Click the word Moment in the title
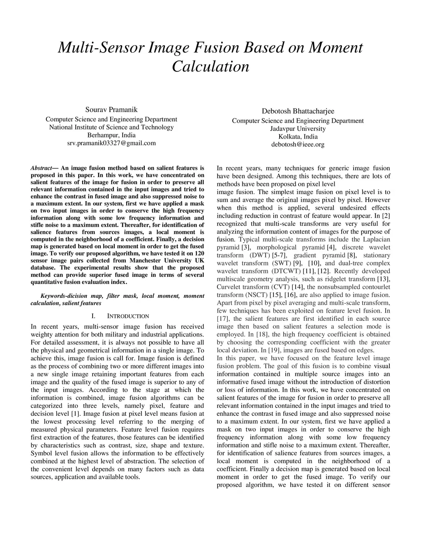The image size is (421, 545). click(335, 48)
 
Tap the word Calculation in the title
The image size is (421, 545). click(210, 66)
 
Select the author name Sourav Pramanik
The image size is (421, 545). click(111, 109)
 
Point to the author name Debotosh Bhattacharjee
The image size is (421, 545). click(298, 111)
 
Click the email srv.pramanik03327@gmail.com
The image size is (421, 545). click(111, 143)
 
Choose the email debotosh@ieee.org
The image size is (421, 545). click(298, 144)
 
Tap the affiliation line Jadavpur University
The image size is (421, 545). click(298, 129)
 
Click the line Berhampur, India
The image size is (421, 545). click(111, 135)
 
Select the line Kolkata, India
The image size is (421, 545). click(298, 137)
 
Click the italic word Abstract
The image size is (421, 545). click(42, 168)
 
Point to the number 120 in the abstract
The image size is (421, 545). click(199, 253)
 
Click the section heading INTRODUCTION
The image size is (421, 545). click(128, 316)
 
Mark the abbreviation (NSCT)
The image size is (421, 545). click(257, 295)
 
